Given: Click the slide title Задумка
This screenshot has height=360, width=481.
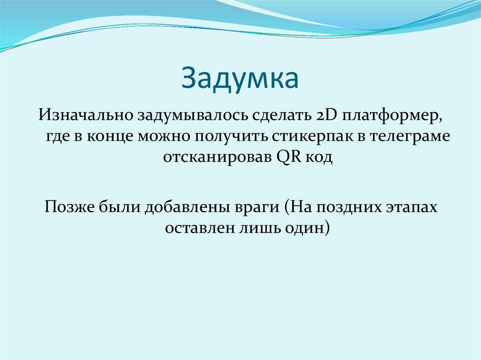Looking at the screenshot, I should pyautogui.click(x=240, y=78).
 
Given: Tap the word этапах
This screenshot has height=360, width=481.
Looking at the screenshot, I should pyautogui.click(x=414, y=207).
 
